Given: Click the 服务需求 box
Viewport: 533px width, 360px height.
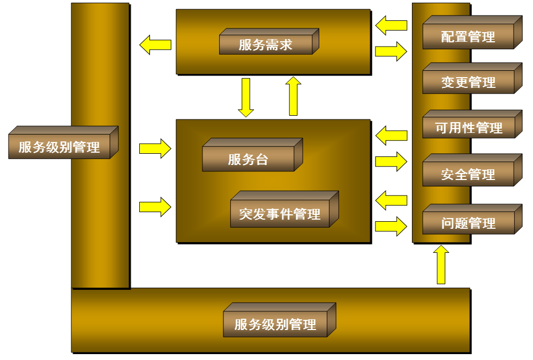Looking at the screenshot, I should (266, 44).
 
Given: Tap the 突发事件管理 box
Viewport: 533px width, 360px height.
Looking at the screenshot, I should (280, 214).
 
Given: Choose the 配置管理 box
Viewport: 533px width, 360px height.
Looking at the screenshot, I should (468, 37).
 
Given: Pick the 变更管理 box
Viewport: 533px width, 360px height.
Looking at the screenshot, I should (468, 82).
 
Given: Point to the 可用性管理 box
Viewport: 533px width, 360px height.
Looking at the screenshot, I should (468, 128).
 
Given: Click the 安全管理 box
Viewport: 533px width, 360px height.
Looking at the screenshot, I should (468, 174).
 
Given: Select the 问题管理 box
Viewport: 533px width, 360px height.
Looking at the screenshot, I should (468, 223).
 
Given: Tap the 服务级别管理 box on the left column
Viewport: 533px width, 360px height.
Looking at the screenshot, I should (59, 147).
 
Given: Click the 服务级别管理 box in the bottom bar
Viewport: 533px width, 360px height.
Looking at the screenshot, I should (275, 324).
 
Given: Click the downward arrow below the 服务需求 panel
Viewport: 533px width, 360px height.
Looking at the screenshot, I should (246, 97).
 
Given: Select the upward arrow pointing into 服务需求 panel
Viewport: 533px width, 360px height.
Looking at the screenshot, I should (293, 96).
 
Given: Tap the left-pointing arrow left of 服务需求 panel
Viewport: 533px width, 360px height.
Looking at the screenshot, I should (155, 44).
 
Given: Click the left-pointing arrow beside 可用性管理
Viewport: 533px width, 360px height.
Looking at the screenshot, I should (391, 135).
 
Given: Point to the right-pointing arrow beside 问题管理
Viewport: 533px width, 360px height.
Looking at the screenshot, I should (391, 226).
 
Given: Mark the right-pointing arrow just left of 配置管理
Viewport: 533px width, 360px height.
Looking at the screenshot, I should (391, 51).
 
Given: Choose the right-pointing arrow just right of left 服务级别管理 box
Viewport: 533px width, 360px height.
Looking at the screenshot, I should (155, 148).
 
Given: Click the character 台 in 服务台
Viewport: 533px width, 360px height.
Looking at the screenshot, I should (261, 159).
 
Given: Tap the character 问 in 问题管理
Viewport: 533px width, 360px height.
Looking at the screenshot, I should (448, 223).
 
